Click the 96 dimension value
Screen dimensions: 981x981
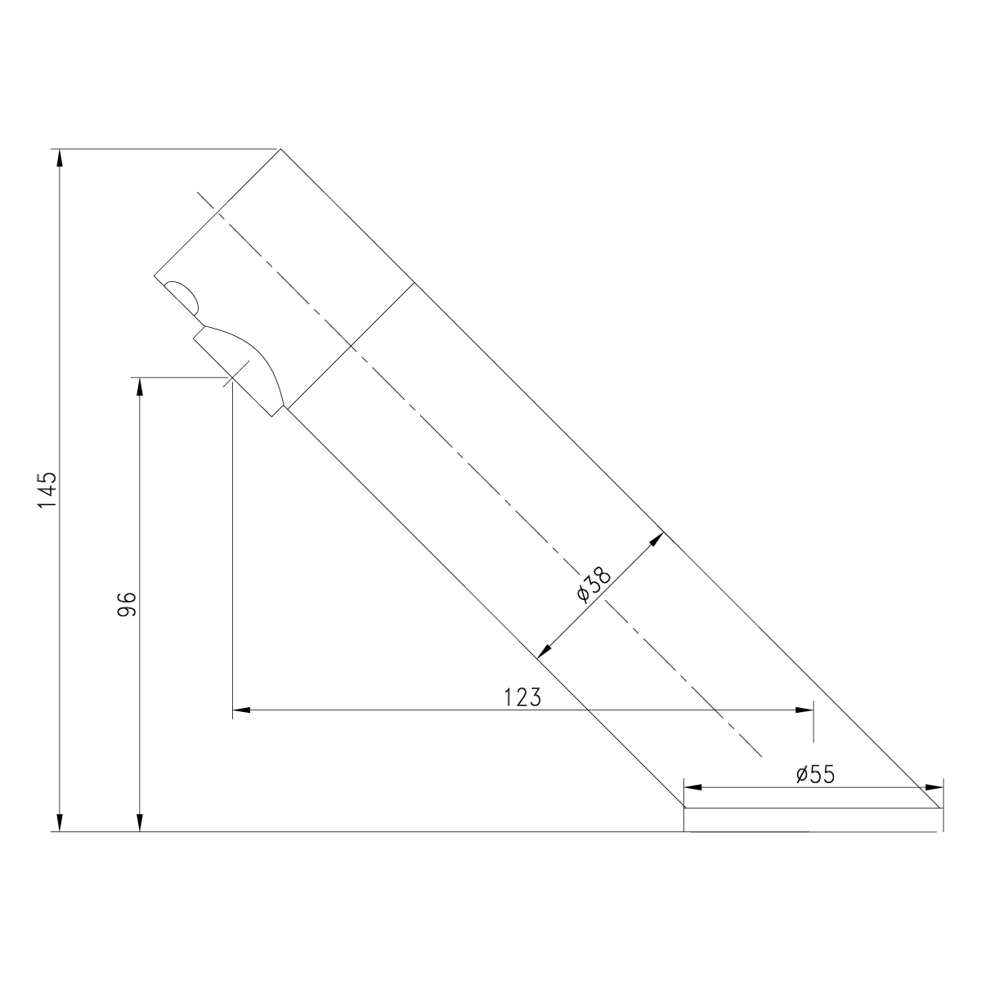click(x=128, y=604)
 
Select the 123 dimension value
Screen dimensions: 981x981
click(x=522, y=697)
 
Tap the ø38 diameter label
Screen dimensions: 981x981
click(x=593, y=585)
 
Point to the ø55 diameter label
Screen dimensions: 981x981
click(x=816, y=774)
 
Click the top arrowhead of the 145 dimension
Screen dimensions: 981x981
click(x=60, y=158)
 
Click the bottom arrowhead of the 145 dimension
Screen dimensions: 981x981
click(x=60, y=822)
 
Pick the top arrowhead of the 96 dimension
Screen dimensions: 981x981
click(x=140, y=387)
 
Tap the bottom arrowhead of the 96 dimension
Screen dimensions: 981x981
click(x=140, y=822)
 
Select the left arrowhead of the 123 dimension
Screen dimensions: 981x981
click(x=241, y=710)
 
